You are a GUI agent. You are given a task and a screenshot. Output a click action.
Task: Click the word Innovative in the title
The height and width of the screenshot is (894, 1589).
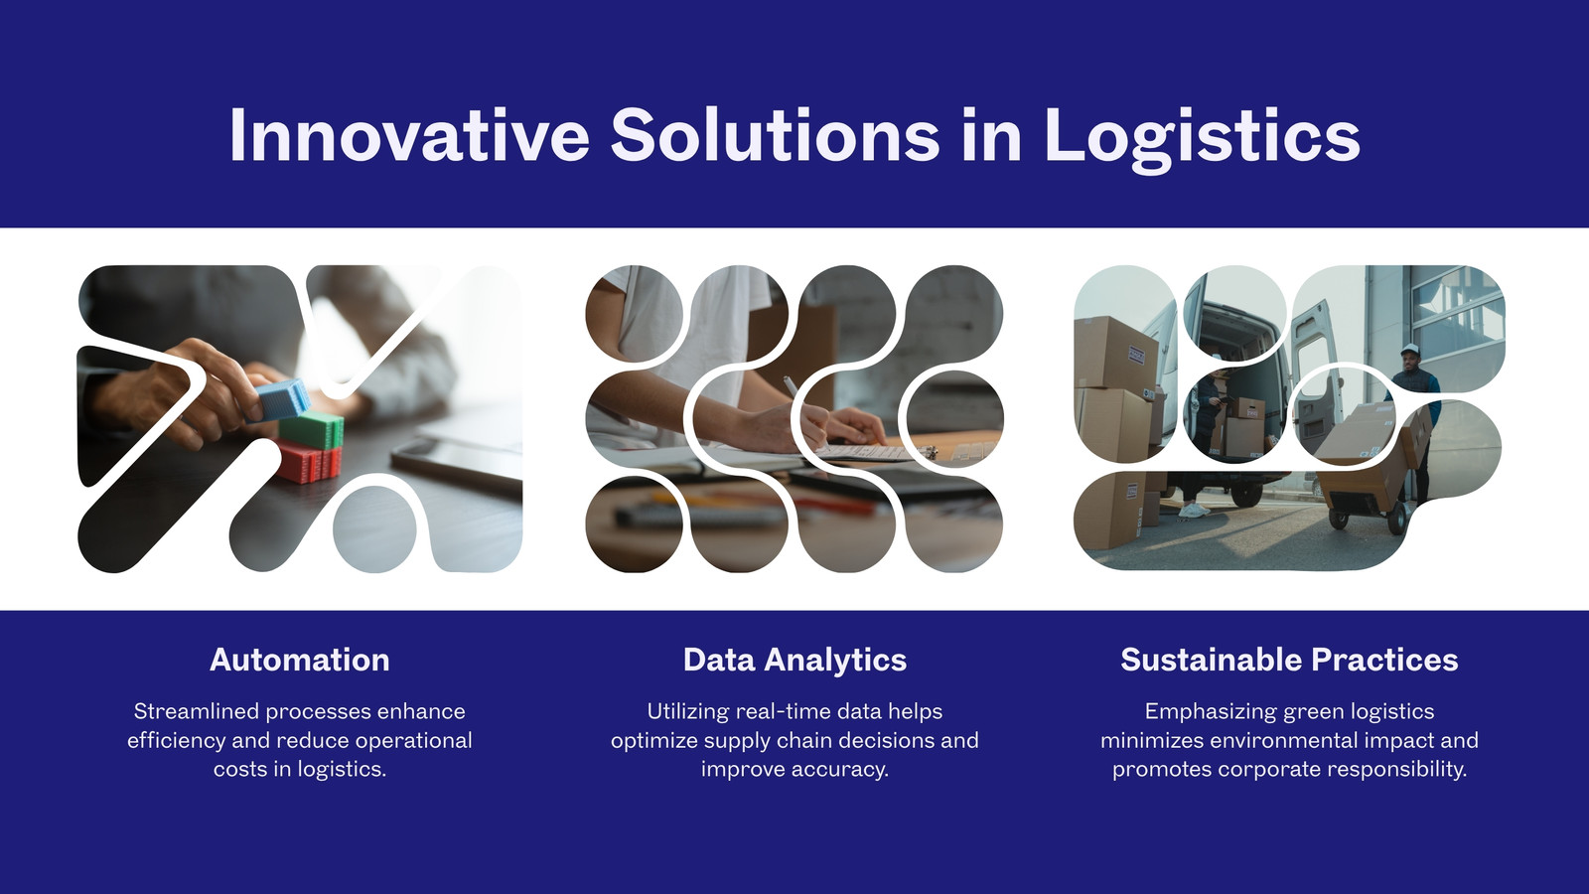pos(408,135)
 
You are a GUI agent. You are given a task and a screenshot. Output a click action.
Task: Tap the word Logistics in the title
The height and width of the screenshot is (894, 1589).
pos(1202,138)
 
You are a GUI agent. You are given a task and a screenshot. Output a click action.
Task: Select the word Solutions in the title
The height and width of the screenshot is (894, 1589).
pos(775,135)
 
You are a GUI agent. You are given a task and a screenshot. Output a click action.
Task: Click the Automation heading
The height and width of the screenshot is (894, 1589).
pos(299,660)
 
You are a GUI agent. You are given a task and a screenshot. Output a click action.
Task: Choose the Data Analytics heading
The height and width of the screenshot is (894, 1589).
pos(794,661)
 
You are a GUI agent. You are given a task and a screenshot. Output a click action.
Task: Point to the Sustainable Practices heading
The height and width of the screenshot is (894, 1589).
pos(1289,660)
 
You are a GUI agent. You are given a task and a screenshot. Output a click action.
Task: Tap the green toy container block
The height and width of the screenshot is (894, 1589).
pos(311,431)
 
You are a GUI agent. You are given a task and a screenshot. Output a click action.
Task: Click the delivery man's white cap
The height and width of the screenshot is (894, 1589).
pos(1410,349)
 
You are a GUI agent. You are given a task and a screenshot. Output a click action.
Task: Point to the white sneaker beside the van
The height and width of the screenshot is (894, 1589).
pos(1194,511)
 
